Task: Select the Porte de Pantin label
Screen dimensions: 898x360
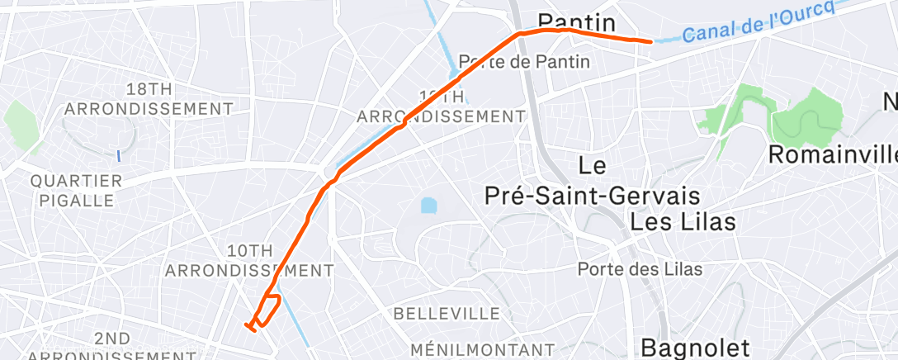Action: tap(524, 61)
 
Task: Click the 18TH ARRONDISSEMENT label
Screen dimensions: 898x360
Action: tap(149, 98)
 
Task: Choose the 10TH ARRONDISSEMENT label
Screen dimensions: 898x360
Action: tap(248, 260)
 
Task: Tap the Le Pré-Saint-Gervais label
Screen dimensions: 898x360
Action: tap(591, 181)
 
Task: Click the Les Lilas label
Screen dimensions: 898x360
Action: tap(682, 222)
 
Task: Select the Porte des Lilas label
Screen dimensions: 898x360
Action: tap(640, 268)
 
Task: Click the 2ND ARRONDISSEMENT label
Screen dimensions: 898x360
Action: tap(111, 347)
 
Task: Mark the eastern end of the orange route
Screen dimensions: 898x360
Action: tap(651, 40)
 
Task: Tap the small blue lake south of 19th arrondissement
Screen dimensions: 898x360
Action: tap(428, 204)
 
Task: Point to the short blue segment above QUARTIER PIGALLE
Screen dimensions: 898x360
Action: tap(119, 154)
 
